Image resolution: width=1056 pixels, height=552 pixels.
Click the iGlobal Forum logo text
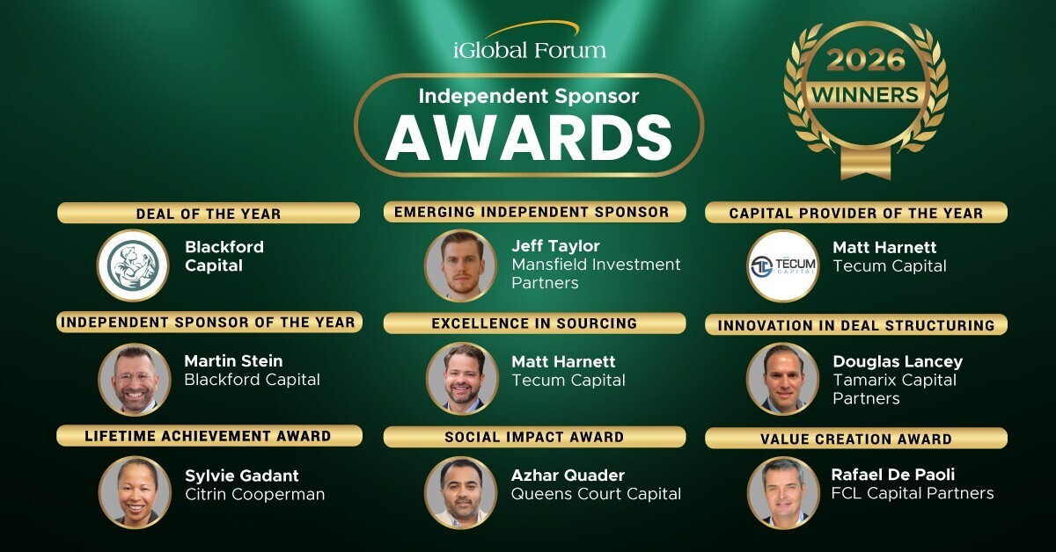pyautogui.click(x=529, y=49)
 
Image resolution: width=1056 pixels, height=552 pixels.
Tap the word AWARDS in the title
pyautogui.click(x=528, y=135)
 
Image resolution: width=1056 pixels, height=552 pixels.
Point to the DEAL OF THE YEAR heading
pyautogui.click(x=209, y=214)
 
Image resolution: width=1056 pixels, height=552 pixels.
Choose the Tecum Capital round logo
pyautogui.click(x=782, y=265)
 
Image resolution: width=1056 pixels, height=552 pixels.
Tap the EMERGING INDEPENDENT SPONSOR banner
pyautogui.click(x=532, y=212)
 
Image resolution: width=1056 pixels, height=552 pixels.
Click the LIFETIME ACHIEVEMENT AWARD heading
pyautogui.click(x=209, y=435)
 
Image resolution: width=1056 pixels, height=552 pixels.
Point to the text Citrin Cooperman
pyautogui.click(x=255, y=494)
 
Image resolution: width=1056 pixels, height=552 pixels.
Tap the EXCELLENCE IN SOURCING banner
pyautogui.click(x=534, y=323)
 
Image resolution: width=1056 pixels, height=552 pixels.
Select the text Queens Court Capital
pyautogui.click(x=596, y=494)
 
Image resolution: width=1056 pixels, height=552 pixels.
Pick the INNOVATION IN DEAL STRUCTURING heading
pyautogui.click(x=856, y=325)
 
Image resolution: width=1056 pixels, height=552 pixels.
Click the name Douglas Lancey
pyautogui.click(x=898, y=361)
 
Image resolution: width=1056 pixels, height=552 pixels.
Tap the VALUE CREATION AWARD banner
pyautogui.click(x=856, y=439)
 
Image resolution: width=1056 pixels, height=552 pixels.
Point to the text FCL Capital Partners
pyautogui.click(x=913, y=493)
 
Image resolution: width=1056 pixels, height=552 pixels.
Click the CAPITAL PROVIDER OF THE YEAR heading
pyautogui.click(x=856, y=213)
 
